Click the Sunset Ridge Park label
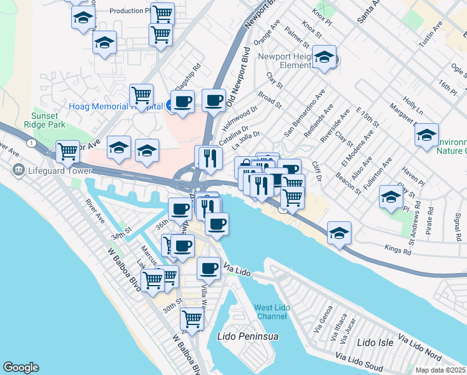coord(48,120)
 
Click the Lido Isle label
coord(375,342)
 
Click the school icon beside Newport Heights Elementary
coord(324,59)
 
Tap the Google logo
coord(21,367)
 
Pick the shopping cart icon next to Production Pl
coord(162,12)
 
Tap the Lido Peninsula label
coord(247,336)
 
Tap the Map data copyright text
coord(441,370)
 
